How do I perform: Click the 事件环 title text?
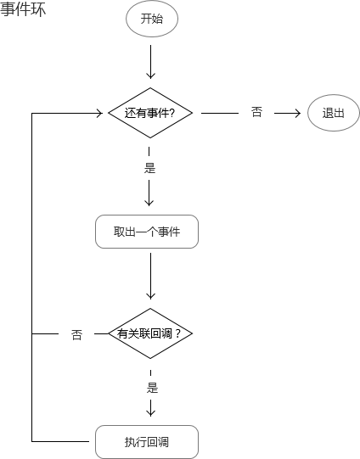click(x=23, y=9)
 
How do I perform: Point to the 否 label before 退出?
click(x=256, y=112)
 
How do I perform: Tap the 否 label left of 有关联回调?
click(x=76, y=334)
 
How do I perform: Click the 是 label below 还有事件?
click(x=149, y=168)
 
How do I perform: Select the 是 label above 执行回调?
click(x=152, y=388)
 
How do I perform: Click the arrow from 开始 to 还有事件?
click(x=150, y=62)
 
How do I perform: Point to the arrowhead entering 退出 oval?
click(x=298, y=113)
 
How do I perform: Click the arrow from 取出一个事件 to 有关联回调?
click(x=150, y=276)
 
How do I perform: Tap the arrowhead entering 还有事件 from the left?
click(x=99, y=113)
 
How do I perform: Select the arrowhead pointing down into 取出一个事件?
click(x=149, y=203)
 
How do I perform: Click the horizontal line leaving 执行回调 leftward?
click(x=60, y=441)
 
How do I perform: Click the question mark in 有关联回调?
click(x=177, y=333)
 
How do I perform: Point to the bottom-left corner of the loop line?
click(x=32, y=441)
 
